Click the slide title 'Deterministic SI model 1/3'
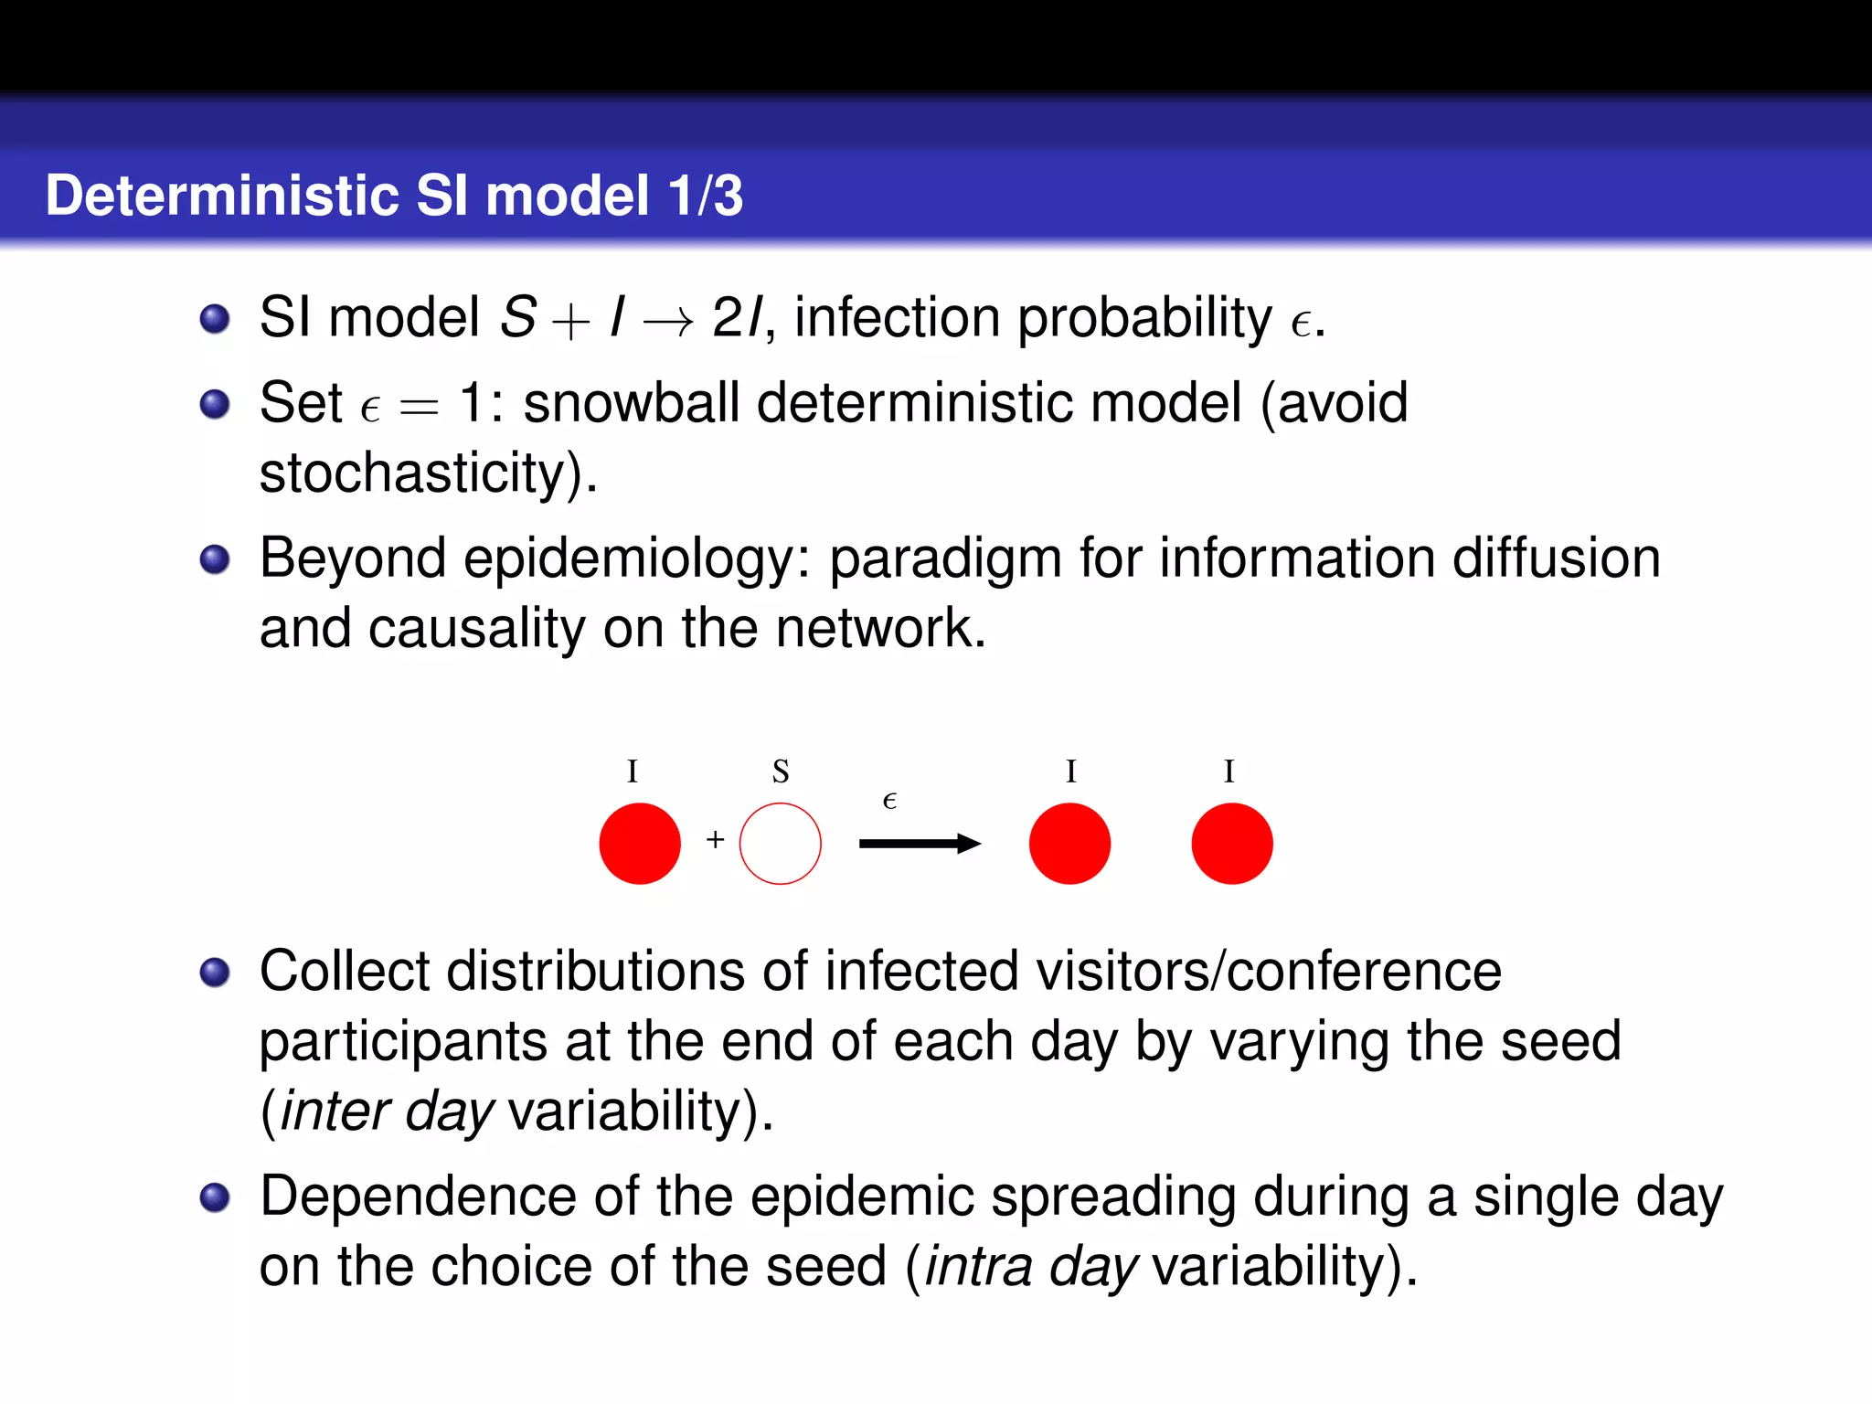(x=394, y=196)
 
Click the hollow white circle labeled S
(x=780, y=844)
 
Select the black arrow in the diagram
(x=919, y=844)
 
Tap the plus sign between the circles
(x=715, y=839)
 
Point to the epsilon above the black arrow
(x=889, y=802)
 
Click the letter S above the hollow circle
(x=780, y=772)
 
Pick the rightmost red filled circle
(x=1231, y=844)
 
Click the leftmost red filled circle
(x=640, y=844)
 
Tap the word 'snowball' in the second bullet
(x=631, y=402)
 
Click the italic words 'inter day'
(x=386, y=1111)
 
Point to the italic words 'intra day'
(x=1031, y=1267)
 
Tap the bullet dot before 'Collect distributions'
(x=215, y=973)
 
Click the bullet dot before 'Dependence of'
(x=215, y=1197)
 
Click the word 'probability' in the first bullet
(x=1144, y=319)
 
